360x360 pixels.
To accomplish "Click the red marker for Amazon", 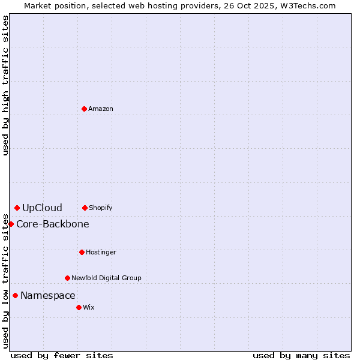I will coord(84,109).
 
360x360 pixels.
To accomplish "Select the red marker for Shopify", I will coord(85,208).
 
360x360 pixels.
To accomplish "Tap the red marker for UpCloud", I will coord(17,208).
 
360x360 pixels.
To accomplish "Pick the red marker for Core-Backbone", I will coord(11,224).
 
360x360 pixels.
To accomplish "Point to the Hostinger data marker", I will coord(82,252).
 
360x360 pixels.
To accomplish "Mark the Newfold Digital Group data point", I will coord(67,278).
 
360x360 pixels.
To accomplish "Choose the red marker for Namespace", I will coord(15,295).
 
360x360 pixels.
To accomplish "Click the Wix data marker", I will coord(79,307).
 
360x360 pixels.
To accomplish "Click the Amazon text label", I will coord(101,109).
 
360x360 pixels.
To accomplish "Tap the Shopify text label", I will coord(101,208).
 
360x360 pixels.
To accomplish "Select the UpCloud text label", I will coord(42,208).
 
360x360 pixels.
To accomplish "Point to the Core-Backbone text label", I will coord(53,224).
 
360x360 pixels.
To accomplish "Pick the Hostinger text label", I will coord(101,252).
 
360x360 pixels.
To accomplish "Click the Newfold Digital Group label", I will coord(106,278).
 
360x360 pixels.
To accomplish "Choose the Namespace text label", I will coord(48,295).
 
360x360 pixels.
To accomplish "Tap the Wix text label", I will coord(89,307).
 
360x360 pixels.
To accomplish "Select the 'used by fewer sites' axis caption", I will coord(62,355).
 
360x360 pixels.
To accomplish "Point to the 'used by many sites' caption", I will coord(301,355).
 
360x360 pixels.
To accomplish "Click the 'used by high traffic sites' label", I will coord(5,85).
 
